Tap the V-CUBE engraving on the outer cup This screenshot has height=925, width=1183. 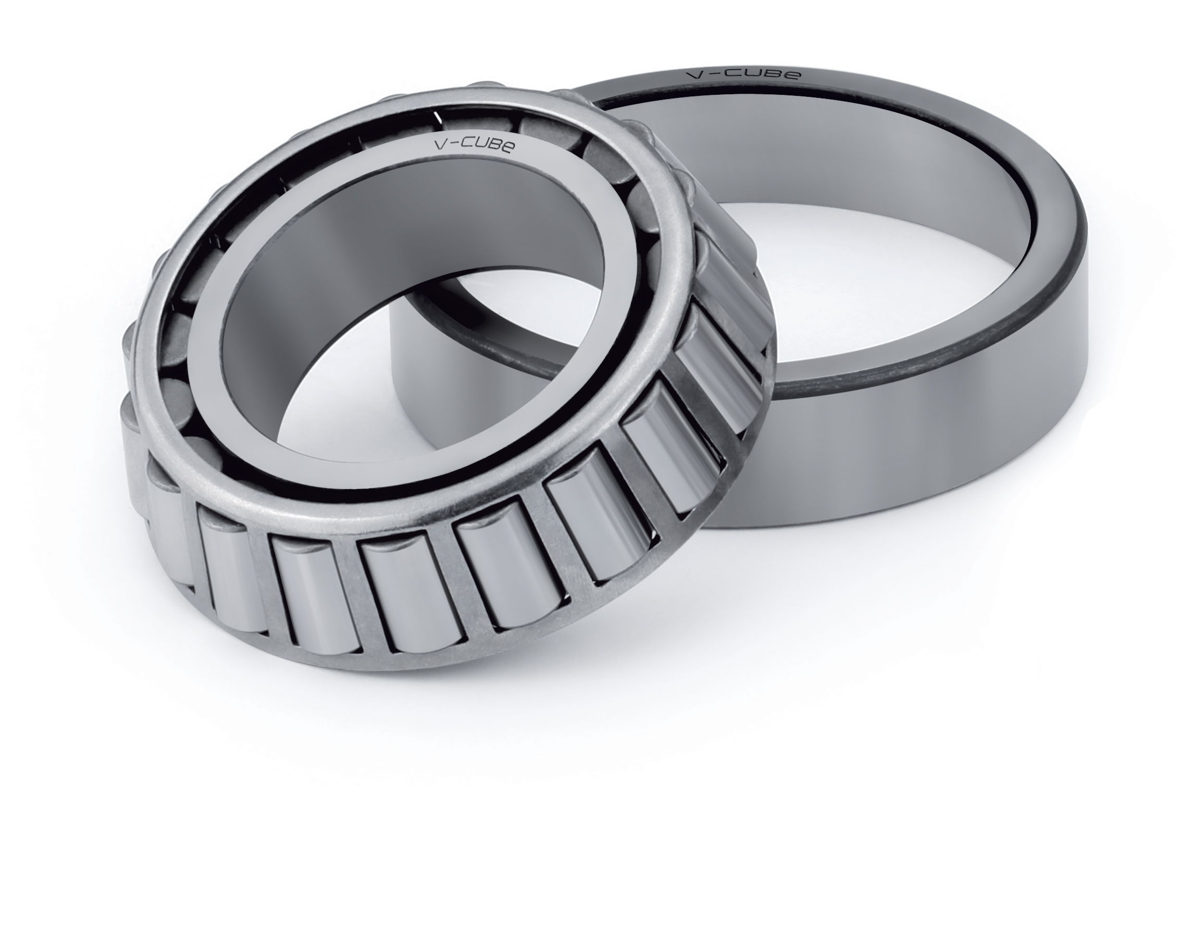742,73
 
